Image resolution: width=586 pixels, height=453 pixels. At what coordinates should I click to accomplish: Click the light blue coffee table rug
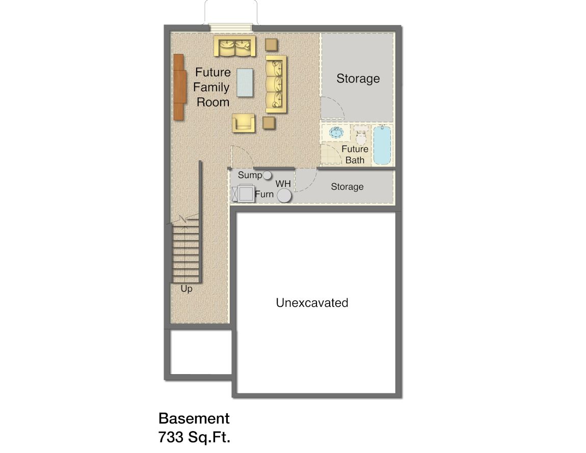click(x=245, y=82)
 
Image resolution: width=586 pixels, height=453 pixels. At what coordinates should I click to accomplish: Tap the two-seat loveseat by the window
click(x=235, y=46)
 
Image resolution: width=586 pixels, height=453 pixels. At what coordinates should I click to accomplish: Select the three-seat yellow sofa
click(x=276, y=84)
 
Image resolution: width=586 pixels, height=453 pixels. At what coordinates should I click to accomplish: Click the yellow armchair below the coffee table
click(x=244, y=123)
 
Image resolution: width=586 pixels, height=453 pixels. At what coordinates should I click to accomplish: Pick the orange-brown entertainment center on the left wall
click(x=179, y=87)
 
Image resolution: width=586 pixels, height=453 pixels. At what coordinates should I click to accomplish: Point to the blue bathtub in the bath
click(x=382, y=145)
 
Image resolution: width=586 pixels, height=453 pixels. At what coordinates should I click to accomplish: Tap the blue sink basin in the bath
click(x=336, y=132)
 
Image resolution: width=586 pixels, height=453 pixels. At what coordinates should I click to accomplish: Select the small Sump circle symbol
click(x=267, y=175)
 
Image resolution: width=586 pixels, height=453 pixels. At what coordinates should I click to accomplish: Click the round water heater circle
click(x=284, y=195)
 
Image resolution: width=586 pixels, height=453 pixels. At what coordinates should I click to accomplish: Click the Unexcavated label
click(x=312, y=302)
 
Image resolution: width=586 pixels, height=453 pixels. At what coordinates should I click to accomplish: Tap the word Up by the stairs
click(x=187, y=289)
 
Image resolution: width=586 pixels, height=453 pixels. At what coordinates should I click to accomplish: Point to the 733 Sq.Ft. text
click(x=194, y=437)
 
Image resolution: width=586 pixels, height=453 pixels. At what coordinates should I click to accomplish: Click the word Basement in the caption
click(x=194, y=418)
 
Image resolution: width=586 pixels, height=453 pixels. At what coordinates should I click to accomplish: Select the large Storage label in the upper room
click(x=358, y=78)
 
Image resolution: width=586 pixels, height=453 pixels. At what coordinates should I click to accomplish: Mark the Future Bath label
click(x=355, y=154)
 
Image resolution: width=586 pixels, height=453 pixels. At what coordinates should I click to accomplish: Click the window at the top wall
click(x=231, y=28)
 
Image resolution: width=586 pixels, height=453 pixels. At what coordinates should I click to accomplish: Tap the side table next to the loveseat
click(x=271, y=44)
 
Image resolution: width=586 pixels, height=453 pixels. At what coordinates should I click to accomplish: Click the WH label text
click(x=283, y=184)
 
